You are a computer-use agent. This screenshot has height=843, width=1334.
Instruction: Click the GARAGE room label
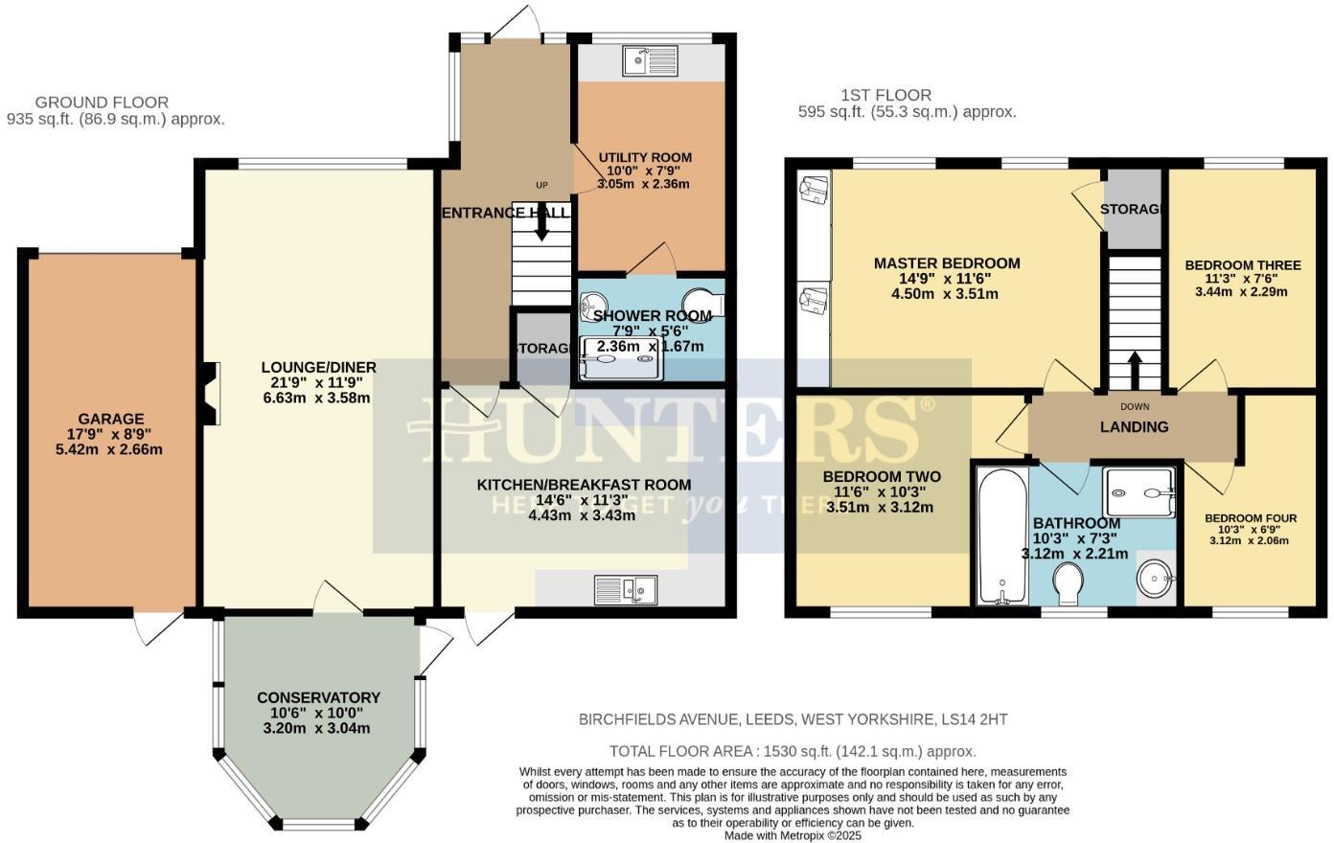pyautogui.click(x=111, y=419)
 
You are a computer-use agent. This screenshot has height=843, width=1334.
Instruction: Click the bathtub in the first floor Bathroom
pyautogui.click(x=1001, y=536)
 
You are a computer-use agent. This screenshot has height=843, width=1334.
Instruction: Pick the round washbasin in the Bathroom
pyautogui.click(x=1155, y=578)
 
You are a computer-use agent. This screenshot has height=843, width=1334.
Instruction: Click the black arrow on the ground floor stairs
pyautogui.click(x=541, y=224)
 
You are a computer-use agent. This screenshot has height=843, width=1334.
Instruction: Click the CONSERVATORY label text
pyautogui.click(x=318, y=697)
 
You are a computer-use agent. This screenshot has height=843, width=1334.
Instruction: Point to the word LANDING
pyautogui.click(x=1134, y=427)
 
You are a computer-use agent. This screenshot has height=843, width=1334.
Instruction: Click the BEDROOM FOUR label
pyautogui.click(x=1251, y=518)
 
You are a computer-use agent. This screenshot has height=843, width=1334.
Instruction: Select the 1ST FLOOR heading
pyautogui.click(x=885, y=95)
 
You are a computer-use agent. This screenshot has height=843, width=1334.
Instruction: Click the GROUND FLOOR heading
pyautogui.click(x=102, y=103)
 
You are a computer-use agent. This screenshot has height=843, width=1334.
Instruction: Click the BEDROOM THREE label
pyautogui.click(x=1242, y=265)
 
